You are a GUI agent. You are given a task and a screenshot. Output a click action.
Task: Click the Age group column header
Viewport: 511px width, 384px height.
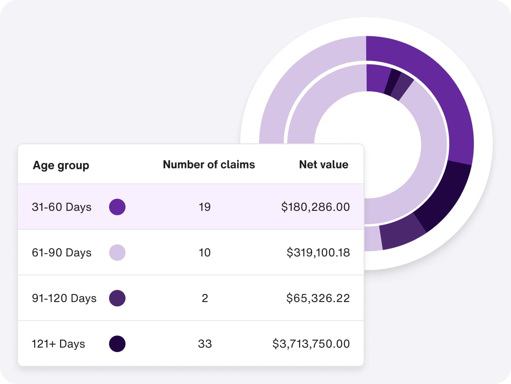pyautogui.click(x=61, y=165)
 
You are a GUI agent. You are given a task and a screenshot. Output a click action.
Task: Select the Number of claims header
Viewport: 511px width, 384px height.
pyautogui.click(x=209, y=164)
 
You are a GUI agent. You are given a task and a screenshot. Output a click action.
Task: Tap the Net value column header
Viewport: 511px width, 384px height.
pyautogui.click(x=324, y=164)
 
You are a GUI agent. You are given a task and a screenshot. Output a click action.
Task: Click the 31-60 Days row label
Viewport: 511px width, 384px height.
pyautogui.click(x=62, y=207)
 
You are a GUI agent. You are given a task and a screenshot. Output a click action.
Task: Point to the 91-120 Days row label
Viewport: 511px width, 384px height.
pyautogui.click(x=64, y=298)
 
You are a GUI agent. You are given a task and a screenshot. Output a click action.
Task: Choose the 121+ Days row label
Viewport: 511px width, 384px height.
pyautogui.click(x=58, y=343)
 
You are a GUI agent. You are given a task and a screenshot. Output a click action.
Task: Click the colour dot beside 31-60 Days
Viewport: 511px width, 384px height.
pyautogui.click(x=117, y=207)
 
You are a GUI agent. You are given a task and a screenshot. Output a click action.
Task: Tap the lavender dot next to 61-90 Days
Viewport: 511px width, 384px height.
pyautogui.click(x=117, y=253)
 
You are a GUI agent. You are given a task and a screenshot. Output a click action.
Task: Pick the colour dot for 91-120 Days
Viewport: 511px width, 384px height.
pyautogui.click(x=117, y=298)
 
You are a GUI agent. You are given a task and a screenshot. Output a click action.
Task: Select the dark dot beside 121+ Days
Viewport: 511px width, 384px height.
pyautogui.click(x=117, y=343)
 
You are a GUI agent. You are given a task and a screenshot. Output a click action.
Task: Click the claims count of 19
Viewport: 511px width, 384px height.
pyautogui.click(x=204, y=207)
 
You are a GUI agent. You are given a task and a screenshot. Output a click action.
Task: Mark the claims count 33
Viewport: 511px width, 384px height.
pyautogui.click(x=205, y=343)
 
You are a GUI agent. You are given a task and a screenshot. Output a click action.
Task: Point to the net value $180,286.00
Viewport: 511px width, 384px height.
pyautogui.click(x=316, y=207)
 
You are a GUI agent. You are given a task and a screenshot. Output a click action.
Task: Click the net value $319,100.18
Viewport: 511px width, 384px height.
pyautogui.click(x=318, y=253)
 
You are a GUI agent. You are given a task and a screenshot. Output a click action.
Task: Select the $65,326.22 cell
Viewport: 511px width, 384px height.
pyautogui.click(x=318, y=298)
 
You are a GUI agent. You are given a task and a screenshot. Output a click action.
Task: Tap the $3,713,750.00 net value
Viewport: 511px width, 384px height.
pyautogui.click(x=311, y=343)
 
